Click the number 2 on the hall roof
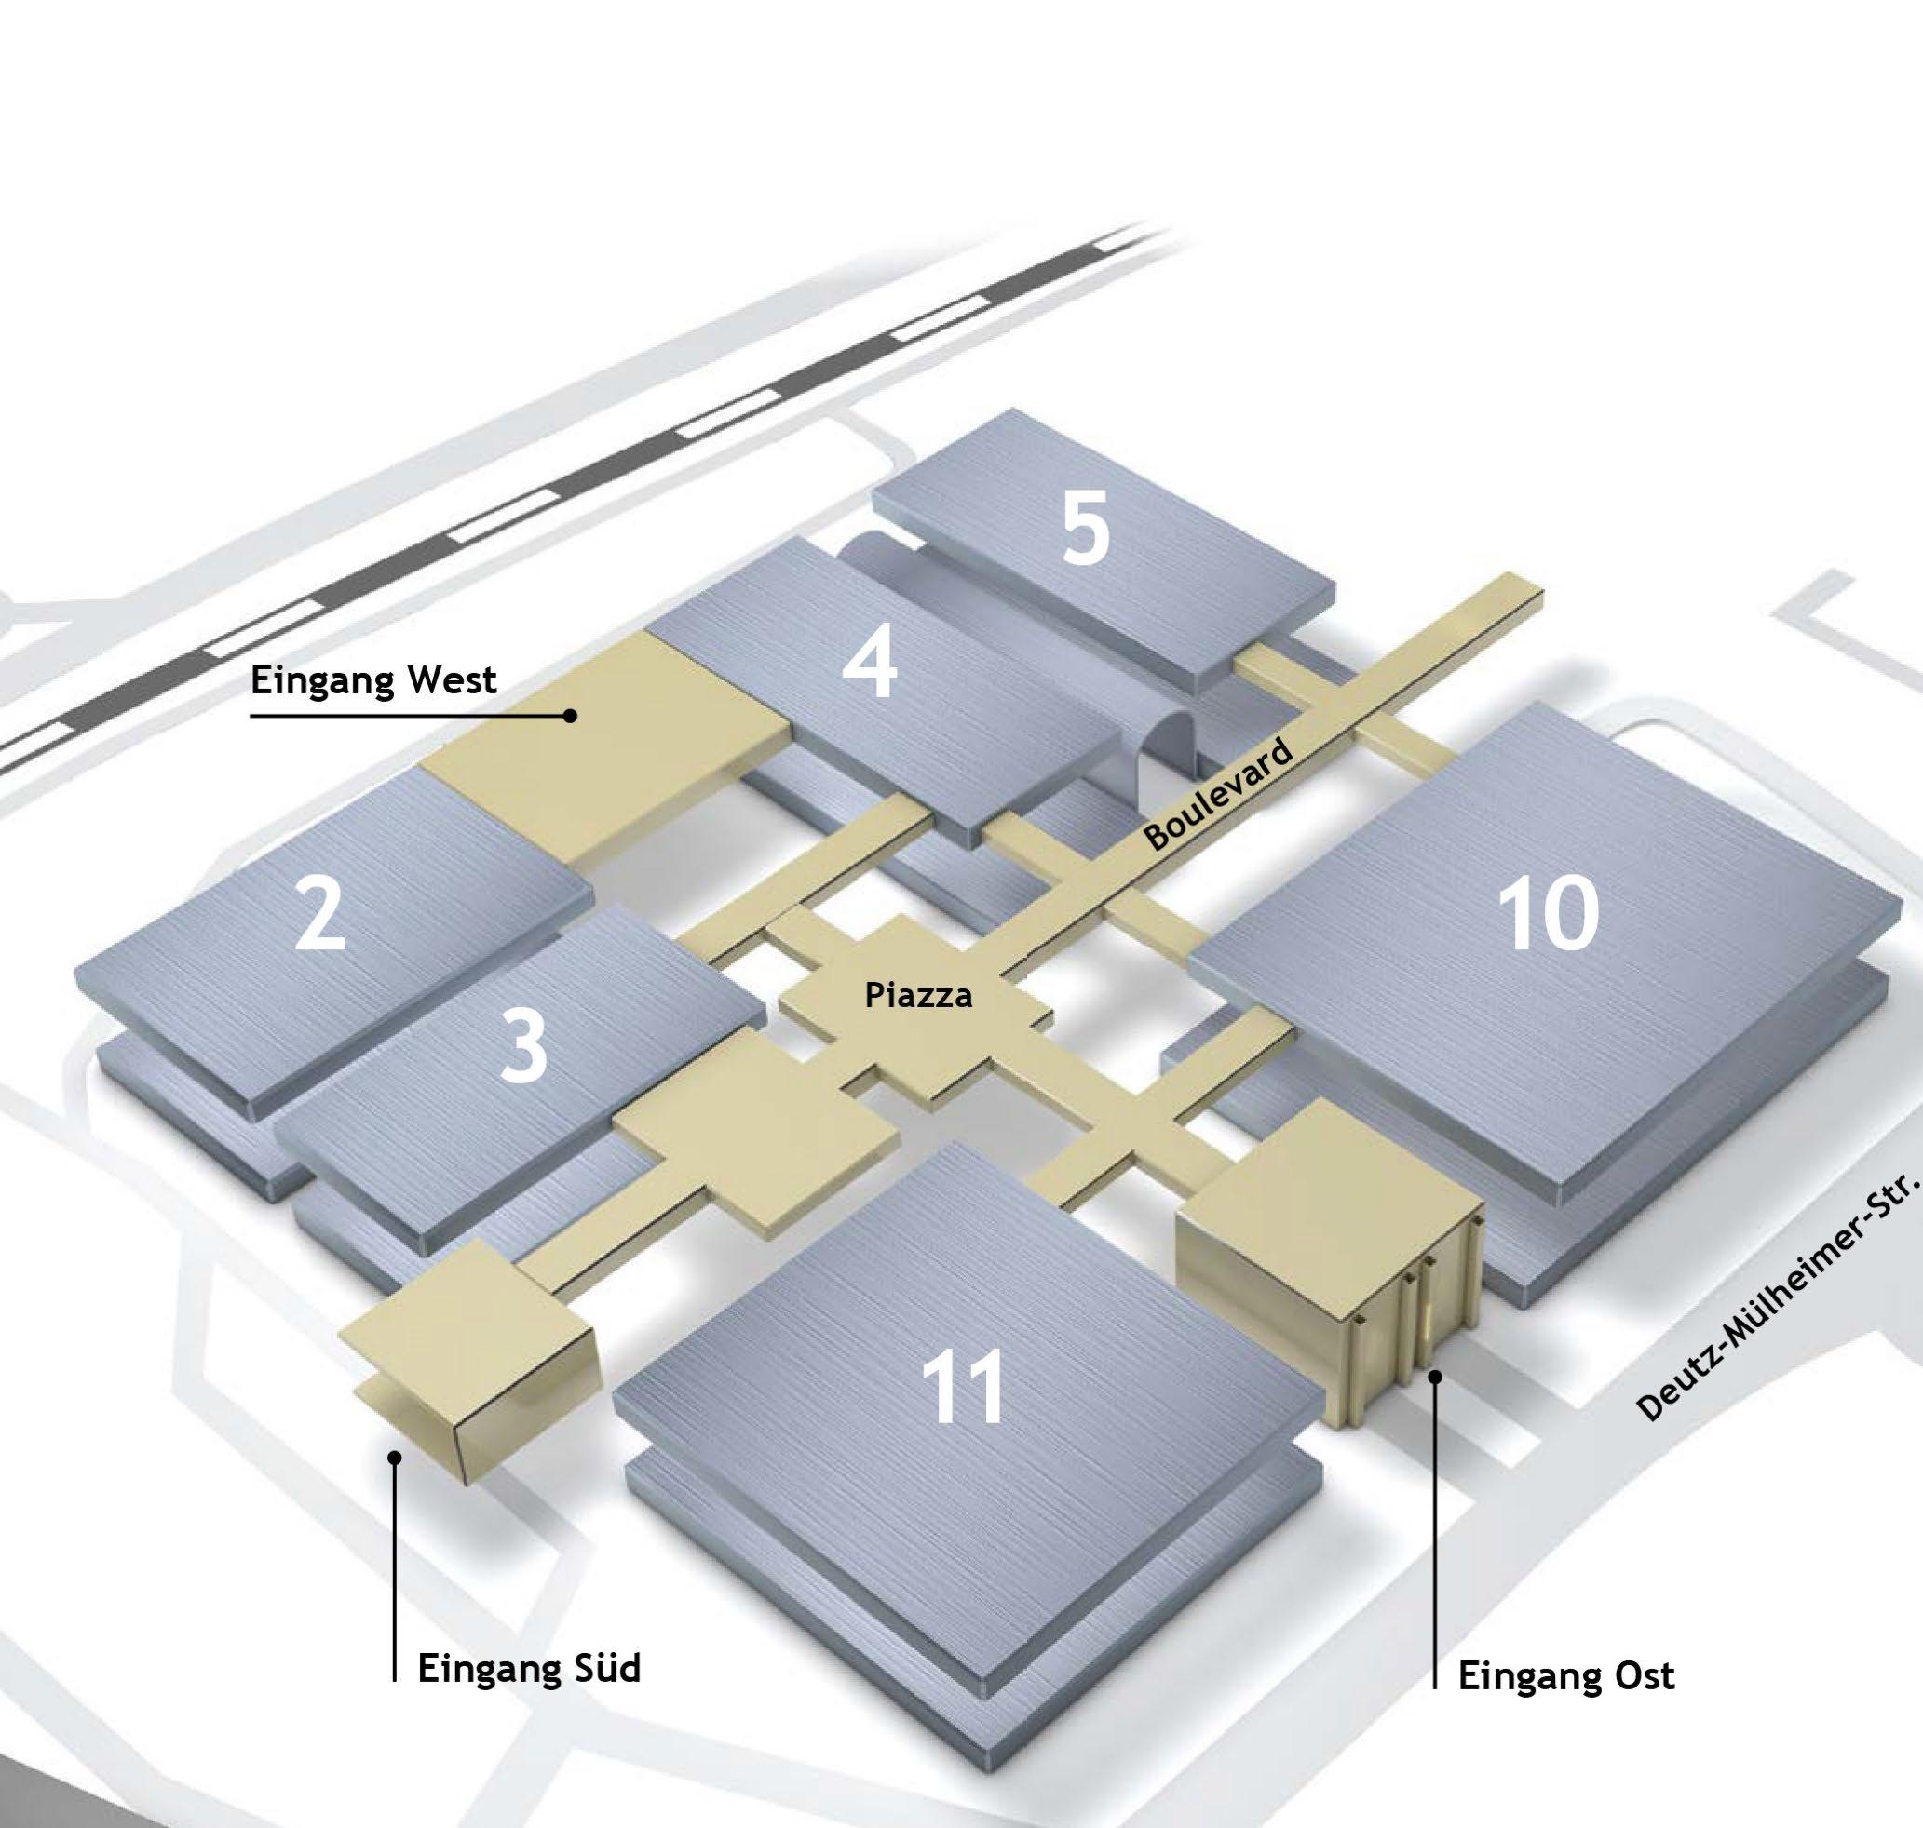(319, 913)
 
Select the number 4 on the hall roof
(869, 663)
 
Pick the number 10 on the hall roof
(1548, 913)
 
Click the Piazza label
(918, 995)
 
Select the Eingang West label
(373, 679)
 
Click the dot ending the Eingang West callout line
(570, 716)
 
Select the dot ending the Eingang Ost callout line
(1435, 1376)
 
